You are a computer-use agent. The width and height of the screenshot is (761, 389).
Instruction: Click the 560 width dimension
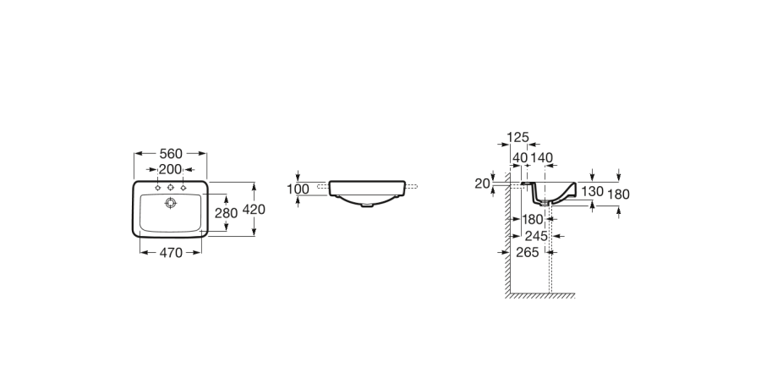pyautogui.click(x=171, y=154)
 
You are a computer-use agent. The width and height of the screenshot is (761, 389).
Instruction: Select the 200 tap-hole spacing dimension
pyautogui.click(x=170, y=169)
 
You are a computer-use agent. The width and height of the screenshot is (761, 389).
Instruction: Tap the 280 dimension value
pyautogui.click(x=226, y=213)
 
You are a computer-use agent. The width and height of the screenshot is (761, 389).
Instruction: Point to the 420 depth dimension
pyautogui.click(x=254, y=210)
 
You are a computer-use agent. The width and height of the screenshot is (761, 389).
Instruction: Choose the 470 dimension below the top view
pyautogui.click(x=171, y=253)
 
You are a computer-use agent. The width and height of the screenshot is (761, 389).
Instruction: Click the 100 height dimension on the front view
pyautogui.click(x=298, y=189)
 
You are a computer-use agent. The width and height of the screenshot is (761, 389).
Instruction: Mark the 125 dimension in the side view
pyautogui.click(x=517, y=138)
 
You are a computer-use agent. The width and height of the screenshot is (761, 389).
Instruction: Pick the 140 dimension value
pyautogui.click(x=542, y=158)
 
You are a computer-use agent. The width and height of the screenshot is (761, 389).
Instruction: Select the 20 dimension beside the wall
pyautogui.click(x=482, y=184)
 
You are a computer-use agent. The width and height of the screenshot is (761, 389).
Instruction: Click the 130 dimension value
pyautogui.click(x=592, y=191)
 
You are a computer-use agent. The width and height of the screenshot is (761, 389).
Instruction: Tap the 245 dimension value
pyautogui.click(x=536, y=236)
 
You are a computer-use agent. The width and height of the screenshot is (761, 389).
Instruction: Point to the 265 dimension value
pyautogui.click(x=528, y=252)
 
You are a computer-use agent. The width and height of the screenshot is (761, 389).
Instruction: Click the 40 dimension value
pyautogui.click(x=520, y=158)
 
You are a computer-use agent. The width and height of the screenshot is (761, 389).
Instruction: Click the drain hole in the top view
pyautogui.click(x=170, y=203)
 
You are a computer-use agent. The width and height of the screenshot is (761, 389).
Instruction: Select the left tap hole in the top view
pyautogui.click(x=158, y=188)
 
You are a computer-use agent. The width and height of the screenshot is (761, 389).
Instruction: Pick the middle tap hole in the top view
pyautogui.click(x=170, y=188)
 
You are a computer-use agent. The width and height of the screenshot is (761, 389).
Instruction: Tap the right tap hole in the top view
pyautogui.click(x=183, y=188)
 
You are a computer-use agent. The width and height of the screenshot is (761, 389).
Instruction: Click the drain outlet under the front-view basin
pyautogui.click(x=367, y=205)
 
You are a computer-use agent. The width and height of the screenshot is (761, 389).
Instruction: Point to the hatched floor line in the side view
pyautogui.click(x=540, y=295)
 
